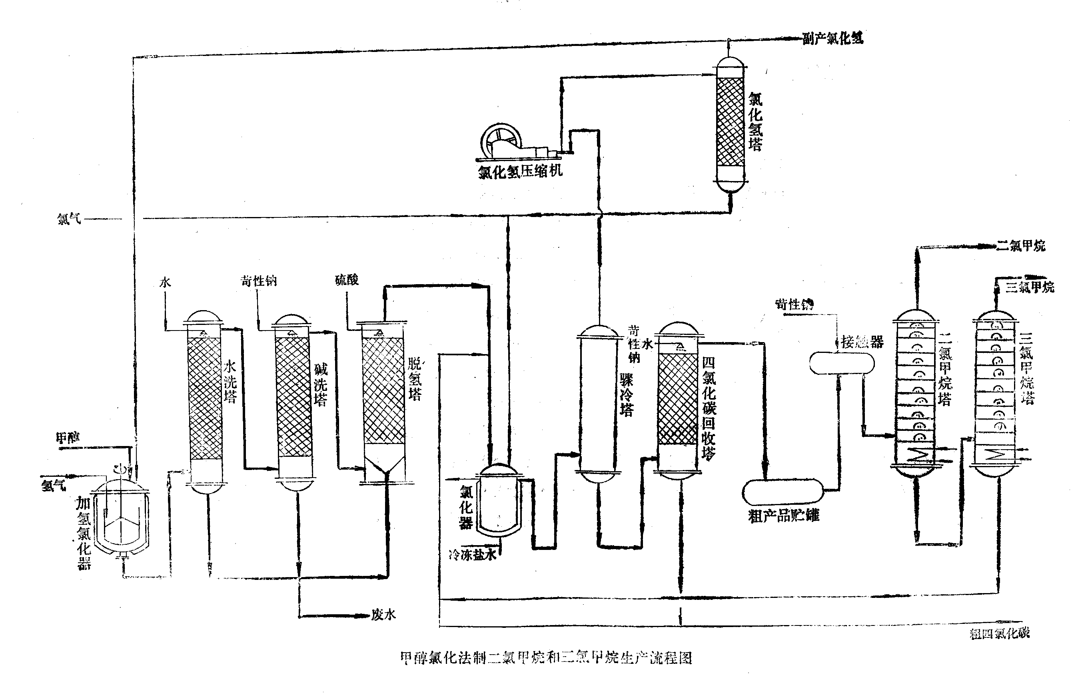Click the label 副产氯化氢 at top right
pos(832,38)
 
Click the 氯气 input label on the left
pos(69,219)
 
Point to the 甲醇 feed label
pos(68,438)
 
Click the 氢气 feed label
pos(54,486)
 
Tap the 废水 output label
pos(383,615)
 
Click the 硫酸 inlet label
pos(347,280)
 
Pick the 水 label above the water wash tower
pos(165,283)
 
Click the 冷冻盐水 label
pos(472,555)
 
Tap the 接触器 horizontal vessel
pos(842,363)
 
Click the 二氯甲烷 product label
pos(1021,246)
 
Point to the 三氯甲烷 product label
pos(1030,287)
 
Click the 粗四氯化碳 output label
pos(1000,633)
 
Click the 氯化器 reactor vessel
pos(499,502)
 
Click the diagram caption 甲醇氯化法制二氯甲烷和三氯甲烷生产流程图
pos(546,657)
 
